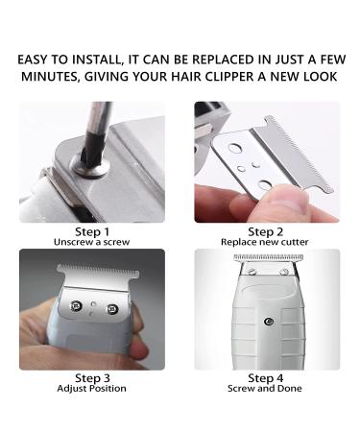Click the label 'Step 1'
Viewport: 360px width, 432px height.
click(92, 231)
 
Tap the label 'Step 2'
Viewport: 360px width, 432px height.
click(266, 231)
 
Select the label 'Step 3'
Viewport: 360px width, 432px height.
click(92, 378)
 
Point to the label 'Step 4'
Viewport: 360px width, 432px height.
click(266, 378)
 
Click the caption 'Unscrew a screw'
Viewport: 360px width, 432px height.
click(92, 242)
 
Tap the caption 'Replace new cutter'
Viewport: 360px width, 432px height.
click(265, 242)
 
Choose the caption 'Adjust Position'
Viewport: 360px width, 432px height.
click(91, 389)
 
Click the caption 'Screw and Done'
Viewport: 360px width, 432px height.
click(265, 389)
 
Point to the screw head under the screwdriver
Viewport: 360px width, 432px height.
click(90, 164)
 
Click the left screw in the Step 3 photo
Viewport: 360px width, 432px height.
click(76, 306)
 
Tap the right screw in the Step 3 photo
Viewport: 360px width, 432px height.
click(112, 308)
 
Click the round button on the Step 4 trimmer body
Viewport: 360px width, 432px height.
click(269, 322)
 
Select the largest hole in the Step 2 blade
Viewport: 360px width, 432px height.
click(235, 148)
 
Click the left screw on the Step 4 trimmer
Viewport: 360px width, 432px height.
click(251, 272)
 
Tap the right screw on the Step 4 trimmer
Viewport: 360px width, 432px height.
click(284, 272)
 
